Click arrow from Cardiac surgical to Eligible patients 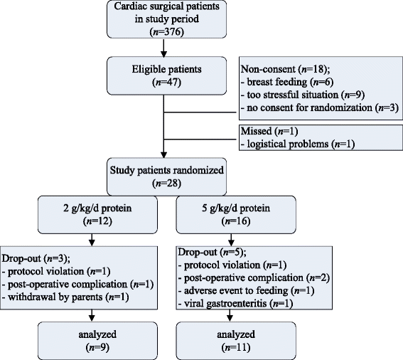pos(165,48)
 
